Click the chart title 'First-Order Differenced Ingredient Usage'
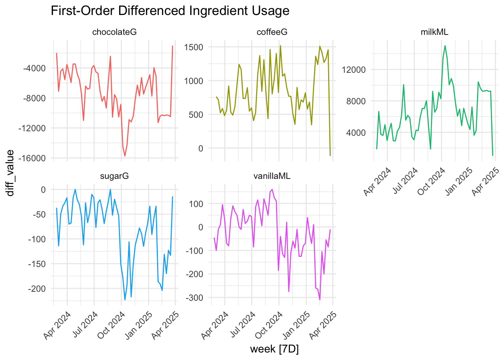(x=170, y=11)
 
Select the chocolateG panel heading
(x=114, y=32)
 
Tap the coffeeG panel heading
(x=272, y=32)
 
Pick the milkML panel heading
(x=434, y=32)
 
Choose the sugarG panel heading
(x=114, y=176)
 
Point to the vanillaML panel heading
(x=272, y=176)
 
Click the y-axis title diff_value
(x=10, y=172)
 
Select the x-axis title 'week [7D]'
(x=274, y=349)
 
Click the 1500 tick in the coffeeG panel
(x=193, y=47)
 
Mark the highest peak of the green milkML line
(x=445, y=46)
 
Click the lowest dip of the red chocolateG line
(x=125, y=156)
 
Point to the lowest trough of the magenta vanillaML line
(x=320, y=300)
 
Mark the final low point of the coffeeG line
(x=330, y=155)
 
